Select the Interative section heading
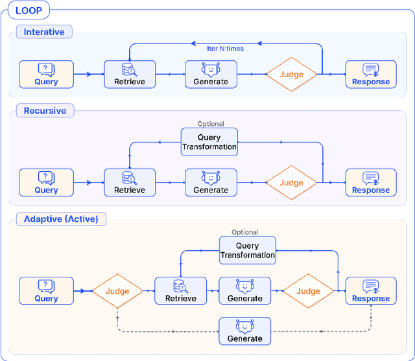[44, 32]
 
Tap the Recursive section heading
[45, 111]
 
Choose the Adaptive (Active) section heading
[61, 219]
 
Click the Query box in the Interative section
[46, 75]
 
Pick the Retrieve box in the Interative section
[130, 75]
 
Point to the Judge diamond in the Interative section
[291, 75]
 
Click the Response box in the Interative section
[371, 75]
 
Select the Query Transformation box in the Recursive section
[209, 142]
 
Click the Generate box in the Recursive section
[211, 183]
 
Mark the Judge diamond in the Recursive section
[291, 183]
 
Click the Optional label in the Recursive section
[211, 124]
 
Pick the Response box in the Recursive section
[371, 183]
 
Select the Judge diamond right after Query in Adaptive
[117, 291]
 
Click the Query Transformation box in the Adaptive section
[247, 250]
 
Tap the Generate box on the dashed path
[245, 331]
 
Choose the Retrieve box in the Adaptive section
[180, 291]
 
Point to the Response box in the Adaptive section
[371, 291]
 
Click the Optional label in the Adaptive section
[245, 232]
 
